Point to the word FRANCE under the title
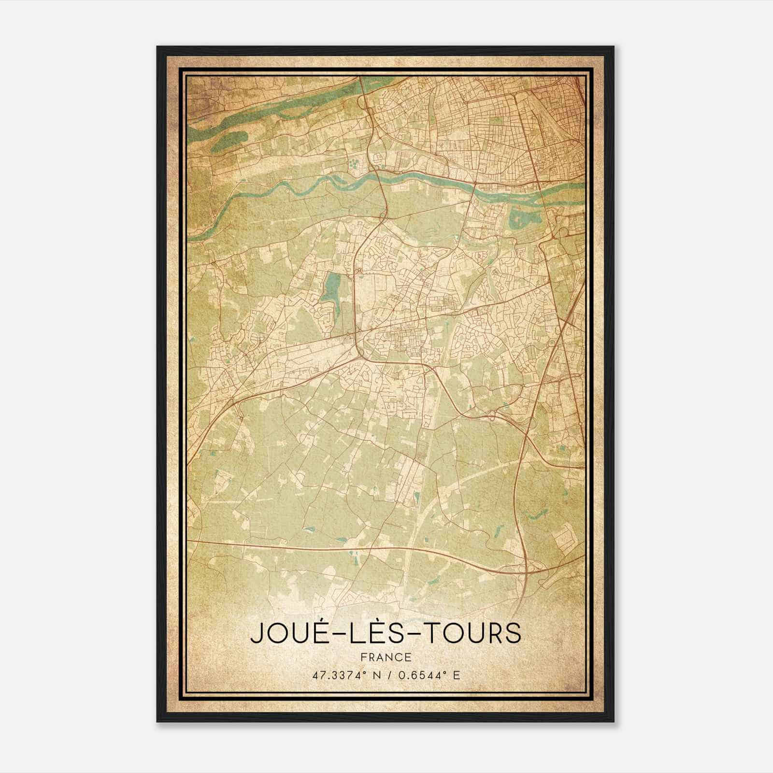[386, 657]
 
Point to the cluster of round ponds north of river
[355, 163]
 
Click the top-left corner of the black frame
[157, 47]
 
